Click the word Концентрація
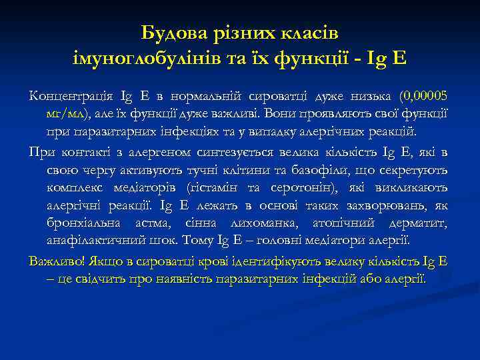tap(67, 96)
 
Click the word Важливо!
tap(53, 261)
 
